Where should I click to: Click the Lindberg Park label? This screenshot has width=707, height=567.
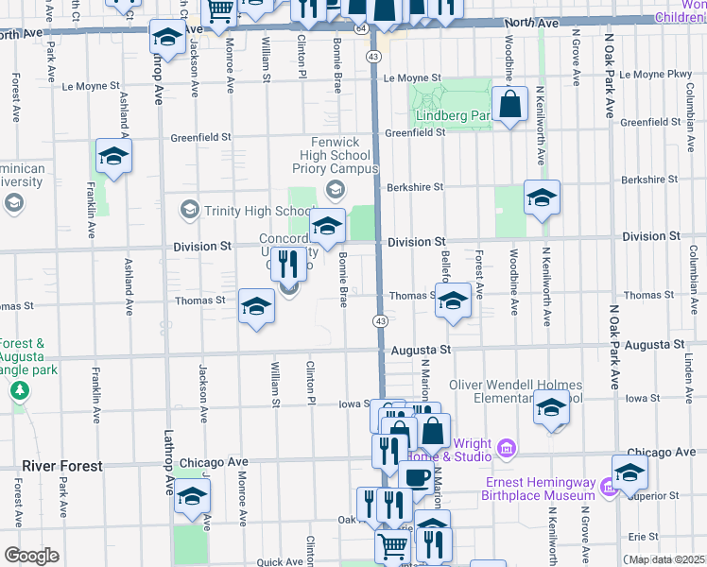point(453,116)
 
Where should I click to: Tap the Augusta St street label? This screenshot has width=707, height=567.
point(420,349)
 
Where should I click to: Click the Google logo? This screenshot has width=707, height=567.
point(31,556)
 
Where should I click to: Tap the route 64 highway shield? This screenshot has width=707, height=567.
point(362,29)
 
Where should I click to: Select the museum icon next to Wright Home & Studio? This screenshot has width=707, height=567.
point(507,446)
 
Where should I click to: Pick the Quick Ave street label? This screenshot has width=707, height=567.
point(279,561)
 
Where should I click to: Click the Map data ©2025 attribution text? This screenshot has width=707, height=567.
point(667,559)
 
